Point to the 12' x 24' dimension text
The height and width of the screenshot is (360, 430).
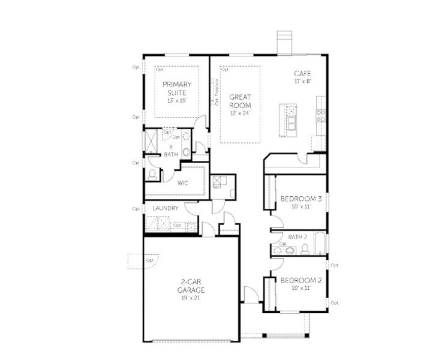click(240, 112)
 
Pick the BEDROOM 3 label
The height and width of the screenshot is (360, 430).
click(301, 199)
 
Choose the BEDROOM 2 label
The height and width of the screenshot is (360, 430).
click(301, 280)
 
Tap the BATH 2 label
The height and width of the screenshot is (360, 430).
click(297, 237)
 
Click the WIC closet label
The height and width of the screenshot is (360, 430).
click(183, 183)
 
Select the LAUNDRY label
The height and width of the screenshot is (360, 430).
click(165, 208)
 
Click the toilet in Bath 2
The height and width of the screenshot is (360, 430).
click(305, 248)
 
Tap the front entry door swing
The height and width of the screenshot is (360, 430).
click(252, 296)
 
